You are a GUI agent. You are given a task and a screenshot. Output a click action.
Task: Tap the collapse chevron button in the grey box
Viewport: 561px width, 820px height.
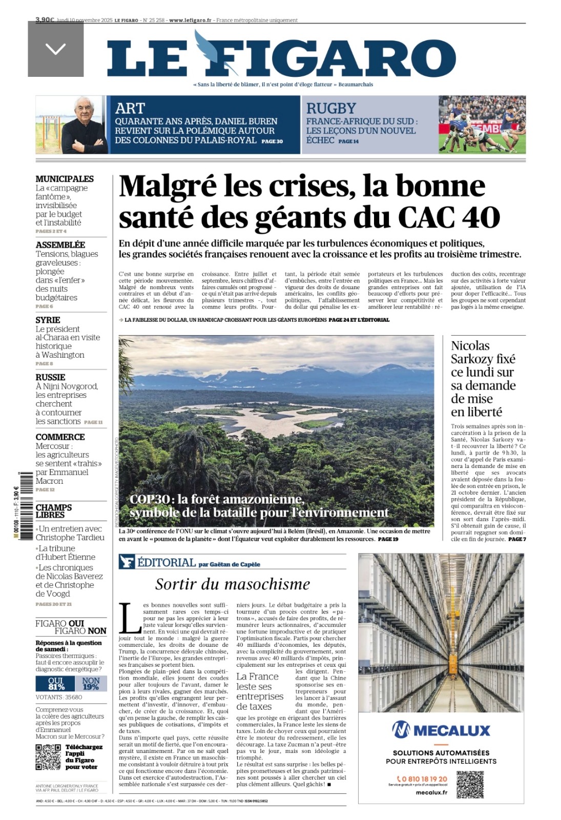point(55,49)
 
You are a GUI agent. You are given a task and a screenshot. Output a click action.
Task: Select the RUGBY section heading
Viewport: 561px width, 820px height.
point(331,109)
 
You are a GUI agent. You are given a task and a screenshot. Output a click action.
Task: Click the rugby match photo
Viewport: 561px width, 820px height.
point(482,125)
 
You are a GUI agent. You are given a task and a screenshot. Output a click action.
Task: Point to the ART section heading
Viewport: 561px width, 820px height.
point(130,109)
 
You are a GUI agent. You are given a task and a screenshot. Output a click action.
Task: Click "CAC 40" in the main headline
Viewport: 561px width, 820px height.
point(448,217)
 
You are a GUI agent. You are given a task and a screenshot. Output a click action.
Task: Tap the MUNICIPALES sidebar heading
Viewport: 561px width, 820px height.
point(65,179)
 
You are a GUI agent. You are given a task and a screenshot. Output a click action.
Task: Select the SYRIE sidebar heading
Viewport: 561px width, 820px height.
point(48,320)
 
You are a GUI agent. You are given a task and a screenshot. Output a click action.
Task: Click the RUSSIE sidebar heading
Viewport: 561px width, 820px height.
point(50,377)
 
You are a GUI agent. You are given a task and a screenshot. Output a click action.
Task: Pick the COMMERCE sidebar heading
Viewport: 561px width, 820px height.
point(60,437)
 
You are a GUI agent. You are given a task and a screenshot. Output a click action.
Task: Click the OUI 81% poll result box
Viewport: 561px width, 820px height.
point(55,684)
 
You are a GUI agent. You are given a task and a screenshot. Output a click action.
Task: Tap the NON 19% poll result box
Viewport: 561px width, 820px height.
point(91,684)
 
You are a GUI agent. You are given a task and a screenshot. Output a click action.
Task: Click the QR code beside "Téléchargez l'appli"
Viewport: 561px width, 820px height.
point(48,757)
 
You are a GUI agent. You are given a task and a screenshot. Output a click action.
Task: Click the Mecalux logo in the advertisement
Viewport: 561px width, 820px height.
point(441,730)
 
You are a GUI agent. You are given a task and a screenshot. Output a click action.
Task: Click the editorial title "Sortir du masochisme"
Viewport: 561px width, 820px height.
point(233,584)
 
